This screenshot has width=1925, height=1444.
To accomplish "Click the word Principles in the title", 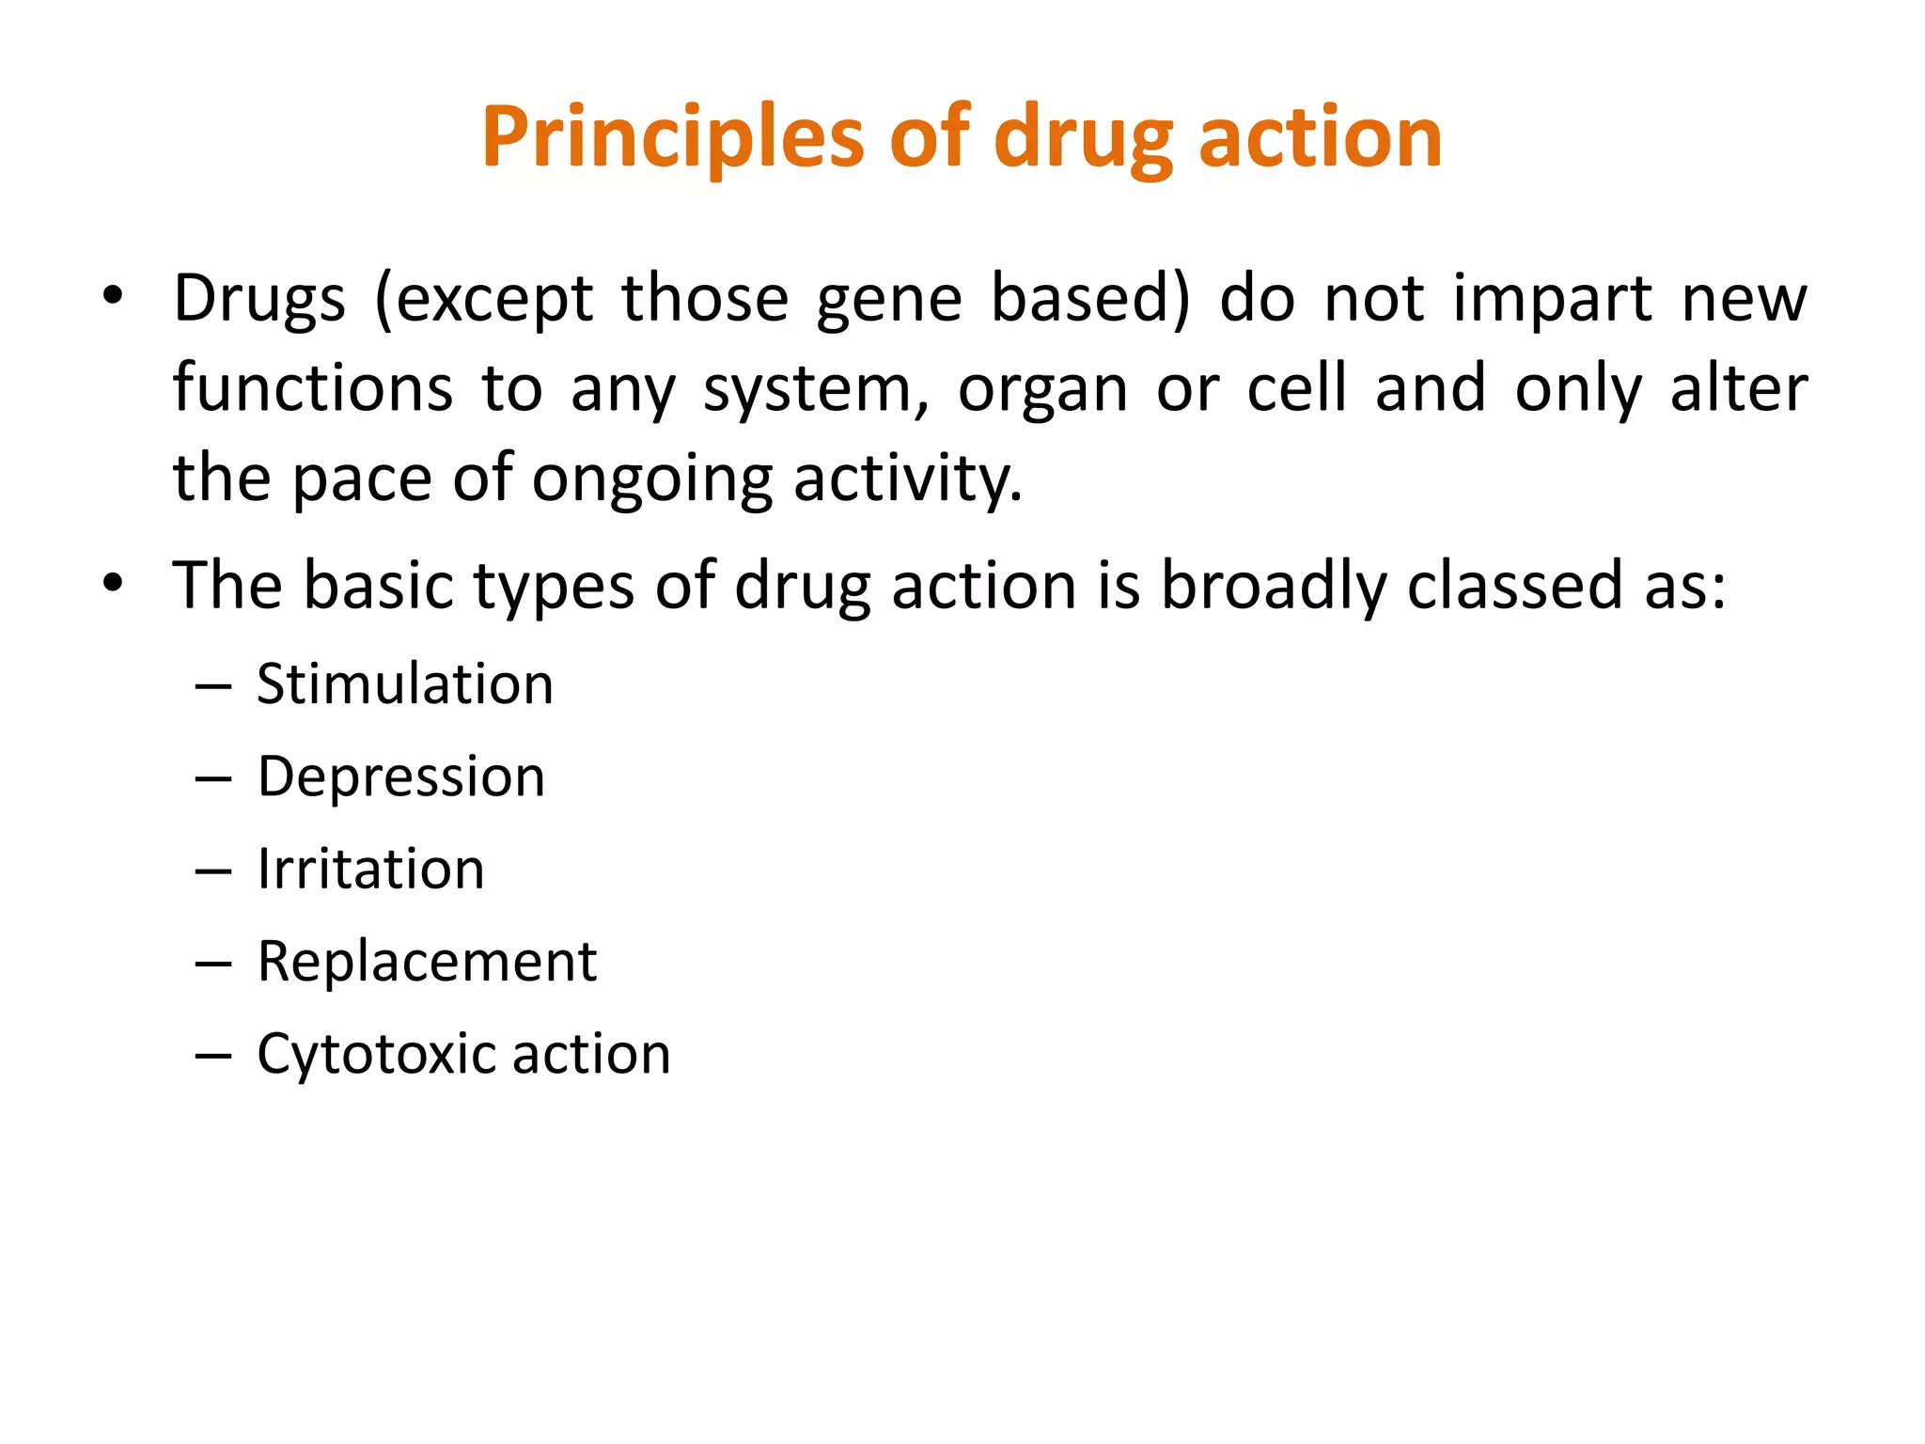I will pyautogui.click(x=672, y=138).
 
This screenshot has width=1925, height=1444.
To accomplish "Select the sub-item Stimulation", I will pyautogui.click(x=405, y=683).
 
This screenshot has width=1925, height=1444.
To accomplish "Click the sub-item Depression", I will pyautogui.click(x=401, y=777).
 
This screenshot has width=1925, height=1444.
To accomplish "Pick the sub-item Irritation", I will pyautogui.click(x=371, y=869).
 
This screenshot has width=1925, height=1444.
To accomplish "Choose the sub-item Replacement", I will pyautogui.click(x=427, y=962).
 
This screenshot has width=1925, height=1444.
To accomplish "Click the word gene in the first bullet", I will pyautogui.click(x=888, y=299).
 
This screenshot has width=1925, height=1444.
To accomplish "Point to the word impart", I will pyautogui.click(x=1552, y=299).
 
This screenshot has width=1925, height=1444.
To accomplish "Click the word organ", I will pyautogui.click(x=1042, y=389).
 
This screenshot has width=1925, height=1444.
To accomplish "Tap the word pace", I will pyautogui.click(x=362, y=479).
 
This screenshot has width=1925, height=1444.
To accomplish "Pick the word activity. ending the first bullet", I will pyautogui.click(x=908, y=479).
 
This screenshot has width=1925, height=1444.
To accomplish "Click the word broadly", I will pyautogui.click(x=1274, y=586).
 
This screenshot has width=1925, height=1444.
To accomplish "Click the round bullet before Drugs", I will pyautogui.click(x=113, y=297).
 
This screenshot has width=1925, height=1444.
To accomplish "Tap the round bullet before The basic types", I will pyautogui.click(x=113, y=584).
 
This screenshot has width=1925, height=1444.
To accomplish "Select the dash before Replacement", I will pyautogui.click(x=213, y=964).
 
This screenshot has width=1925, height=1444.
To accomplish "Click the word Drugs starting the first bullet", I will pyautogui.click(x=259, y=299).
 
